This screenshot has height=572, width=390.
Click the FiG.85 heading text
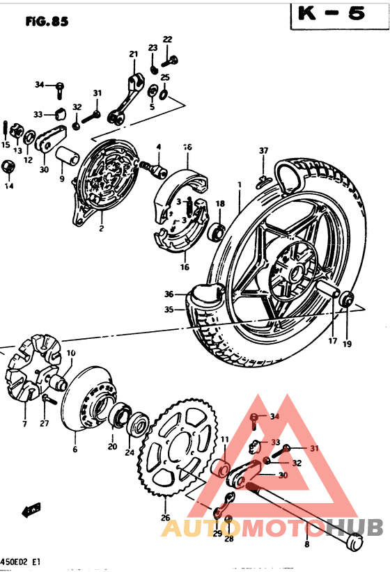[x=47, y=22]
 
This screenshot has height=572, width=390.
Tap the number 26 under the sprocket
[x=164, y=517]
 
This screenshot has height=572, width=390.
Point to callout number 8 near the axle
[x=307, y=545]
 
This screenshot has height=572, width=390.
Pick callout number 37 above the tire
[x=263, y=151]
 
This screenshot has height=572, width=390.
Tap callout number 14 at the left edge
[x=9, y=186]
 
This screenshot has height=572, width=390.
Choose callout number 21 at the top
[x=133, y=54]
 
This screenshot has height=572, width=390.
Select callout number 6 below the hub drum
[x=75, y=450]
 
